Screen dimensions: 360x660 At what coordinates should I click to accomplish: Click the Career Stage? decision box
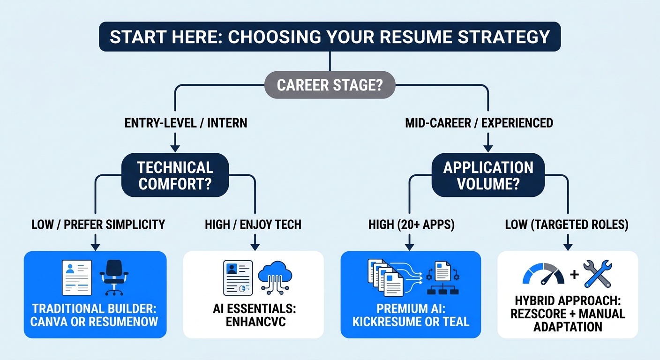330,85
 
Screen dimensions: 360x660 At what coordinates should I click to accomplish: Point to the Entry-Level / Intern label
186,123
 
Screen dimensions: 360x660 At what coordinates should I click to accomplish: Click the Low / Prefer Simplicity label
98,225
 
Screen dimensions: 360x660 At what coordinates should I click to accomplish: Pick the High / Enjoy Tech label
253,225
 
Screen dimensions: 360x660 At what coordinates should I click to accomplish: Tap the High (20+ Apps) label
411,225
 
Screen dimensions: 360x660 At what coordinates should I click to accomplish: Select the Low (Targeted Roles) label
567,225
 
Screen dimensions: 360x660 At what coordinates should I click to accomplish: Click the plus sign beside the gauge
574,275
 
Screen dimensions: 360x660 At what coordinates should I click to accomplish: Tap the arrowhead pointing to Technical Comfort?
175,148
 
